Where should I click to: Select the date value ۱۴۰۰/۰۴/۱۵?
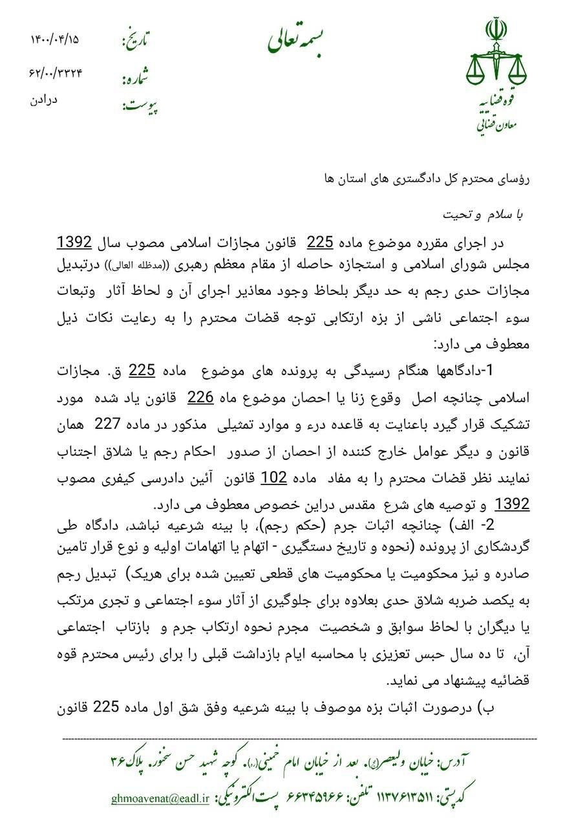tap(54, 39)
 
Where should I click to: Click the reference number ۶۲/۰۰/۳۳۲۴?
tap(56, 72)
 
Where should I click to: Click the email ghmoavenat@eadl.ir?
tap(160, 800)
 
